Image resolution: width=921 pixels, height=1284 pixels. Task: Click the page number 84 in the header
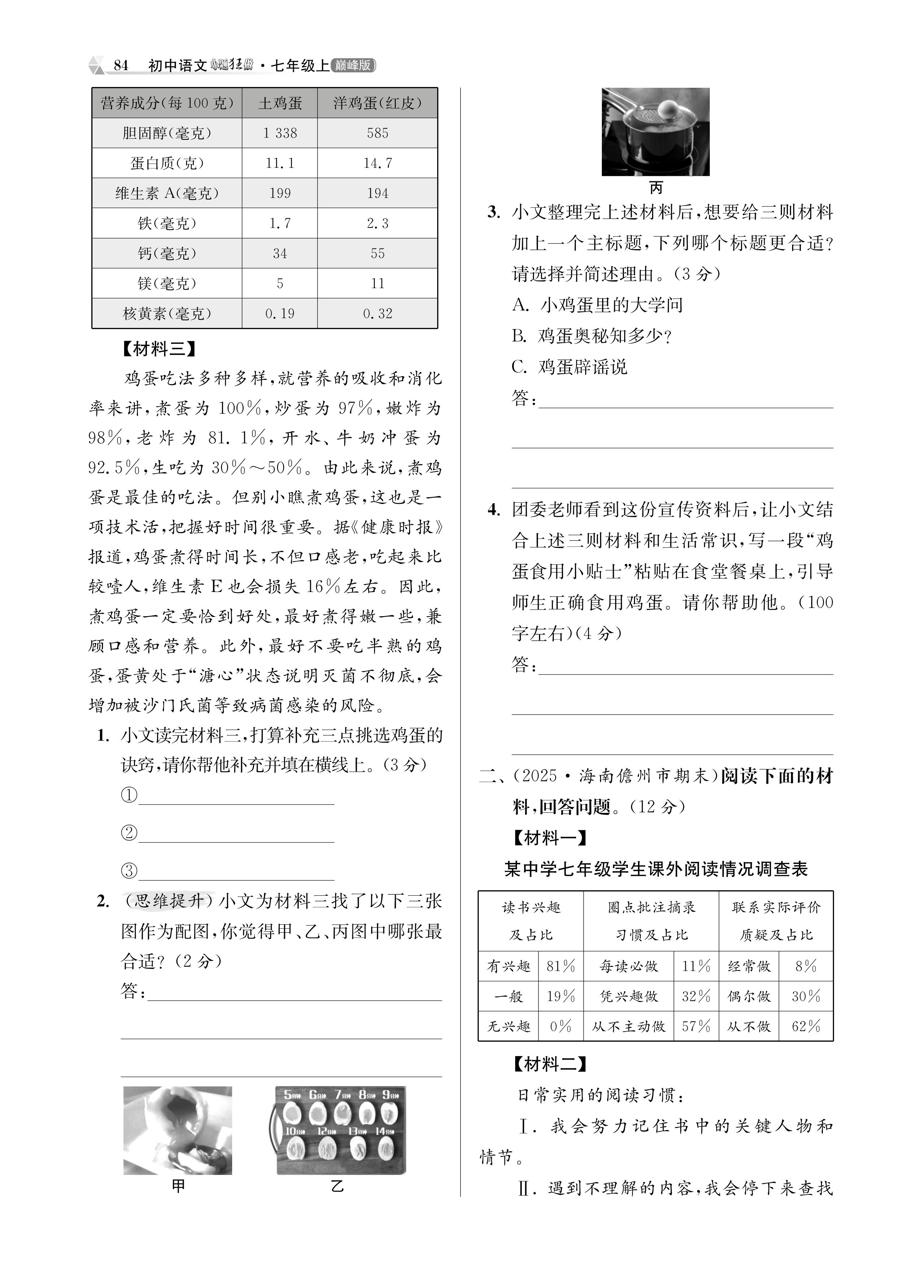click(x=121, y=66)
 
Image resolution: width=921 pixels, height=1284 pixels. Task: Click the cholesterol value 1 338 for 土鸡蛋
click(x=280, y=133)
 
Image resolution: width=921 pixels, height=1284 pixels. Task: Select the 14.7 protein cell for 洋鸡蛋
click(x=378, y=163)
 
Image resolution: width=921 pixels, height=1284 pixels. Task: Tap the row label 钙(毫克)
click(x=167, y=253)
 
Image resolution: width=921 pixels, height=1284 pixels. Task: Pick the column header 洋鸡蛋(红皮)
click(x=378, y=103)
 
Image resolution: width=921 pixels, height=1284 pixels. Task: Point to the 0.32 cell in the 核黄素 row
click(x=378, y=313)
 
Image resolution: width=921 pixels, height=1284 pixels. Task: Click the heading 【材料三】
click(x=158, y=349)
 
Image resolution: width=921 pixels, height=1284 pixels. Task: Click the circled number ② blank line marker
click(x=129, y=833)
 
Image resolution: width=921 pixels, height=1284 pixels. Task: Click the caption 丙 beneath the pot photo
click(x=656, y=187)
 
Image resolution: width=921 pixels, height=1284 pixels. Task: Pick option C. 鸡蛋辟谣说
click(x=569, y=367)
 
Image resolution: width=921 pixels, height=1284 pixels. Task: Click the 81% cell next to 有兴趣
click(x=560, y=966)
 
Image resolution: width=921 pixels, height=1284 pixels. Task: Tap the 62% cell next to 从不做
click(x=805, y=1026)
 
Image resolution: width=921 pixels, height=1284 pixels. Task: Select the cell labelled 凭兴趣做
click(x=628, y=996)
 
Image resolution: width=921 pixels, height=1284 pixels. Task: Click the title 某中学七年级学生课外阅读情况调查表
click(x=656, y=869)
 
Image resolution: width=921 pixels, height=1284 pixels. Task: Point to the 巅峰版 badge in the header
click(x=353, y=66)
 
